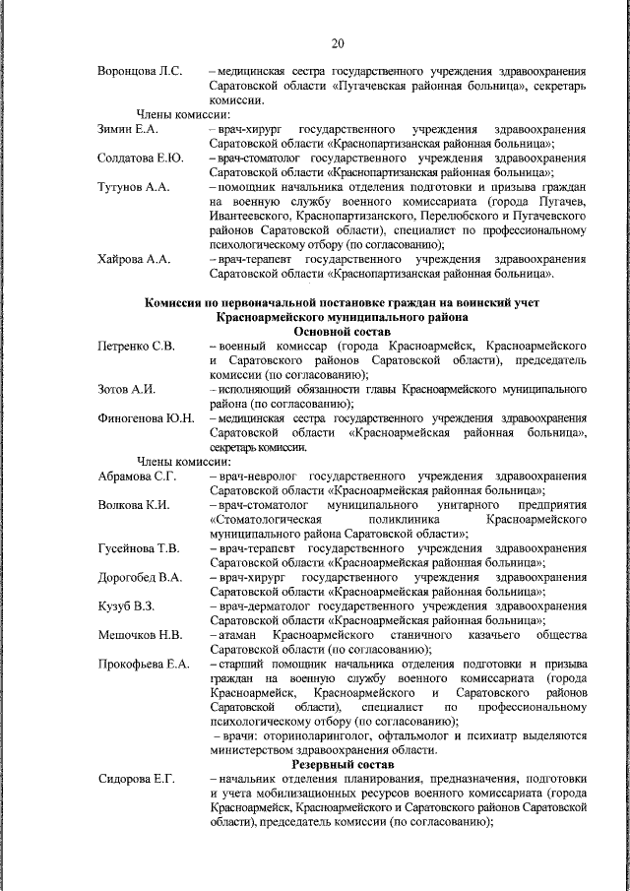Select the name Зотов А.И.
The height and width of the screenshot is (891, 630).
tap(127, 390)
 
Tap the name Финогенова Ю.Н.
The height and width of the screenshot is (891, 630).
tap(146, 418)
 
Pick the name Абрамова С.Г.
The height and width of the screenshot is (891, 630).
tap(137, 477)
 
